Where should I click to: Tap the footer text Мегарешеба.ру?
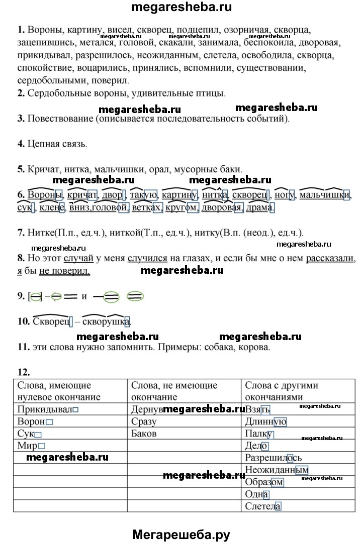(x=181, y=534)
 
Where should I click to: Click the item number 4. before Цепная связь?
(x=21, y=144)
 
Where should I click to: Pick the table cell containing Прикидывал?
(x=70, y=409)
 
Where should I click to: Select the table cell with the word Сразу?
(x=184, y=421)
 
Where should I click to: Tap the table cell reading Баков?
(x=184, y=433)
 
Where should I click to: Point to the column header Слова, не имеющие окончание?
(x=184, y=391)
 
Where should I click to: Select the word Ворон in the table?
(x=32, y=421)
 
